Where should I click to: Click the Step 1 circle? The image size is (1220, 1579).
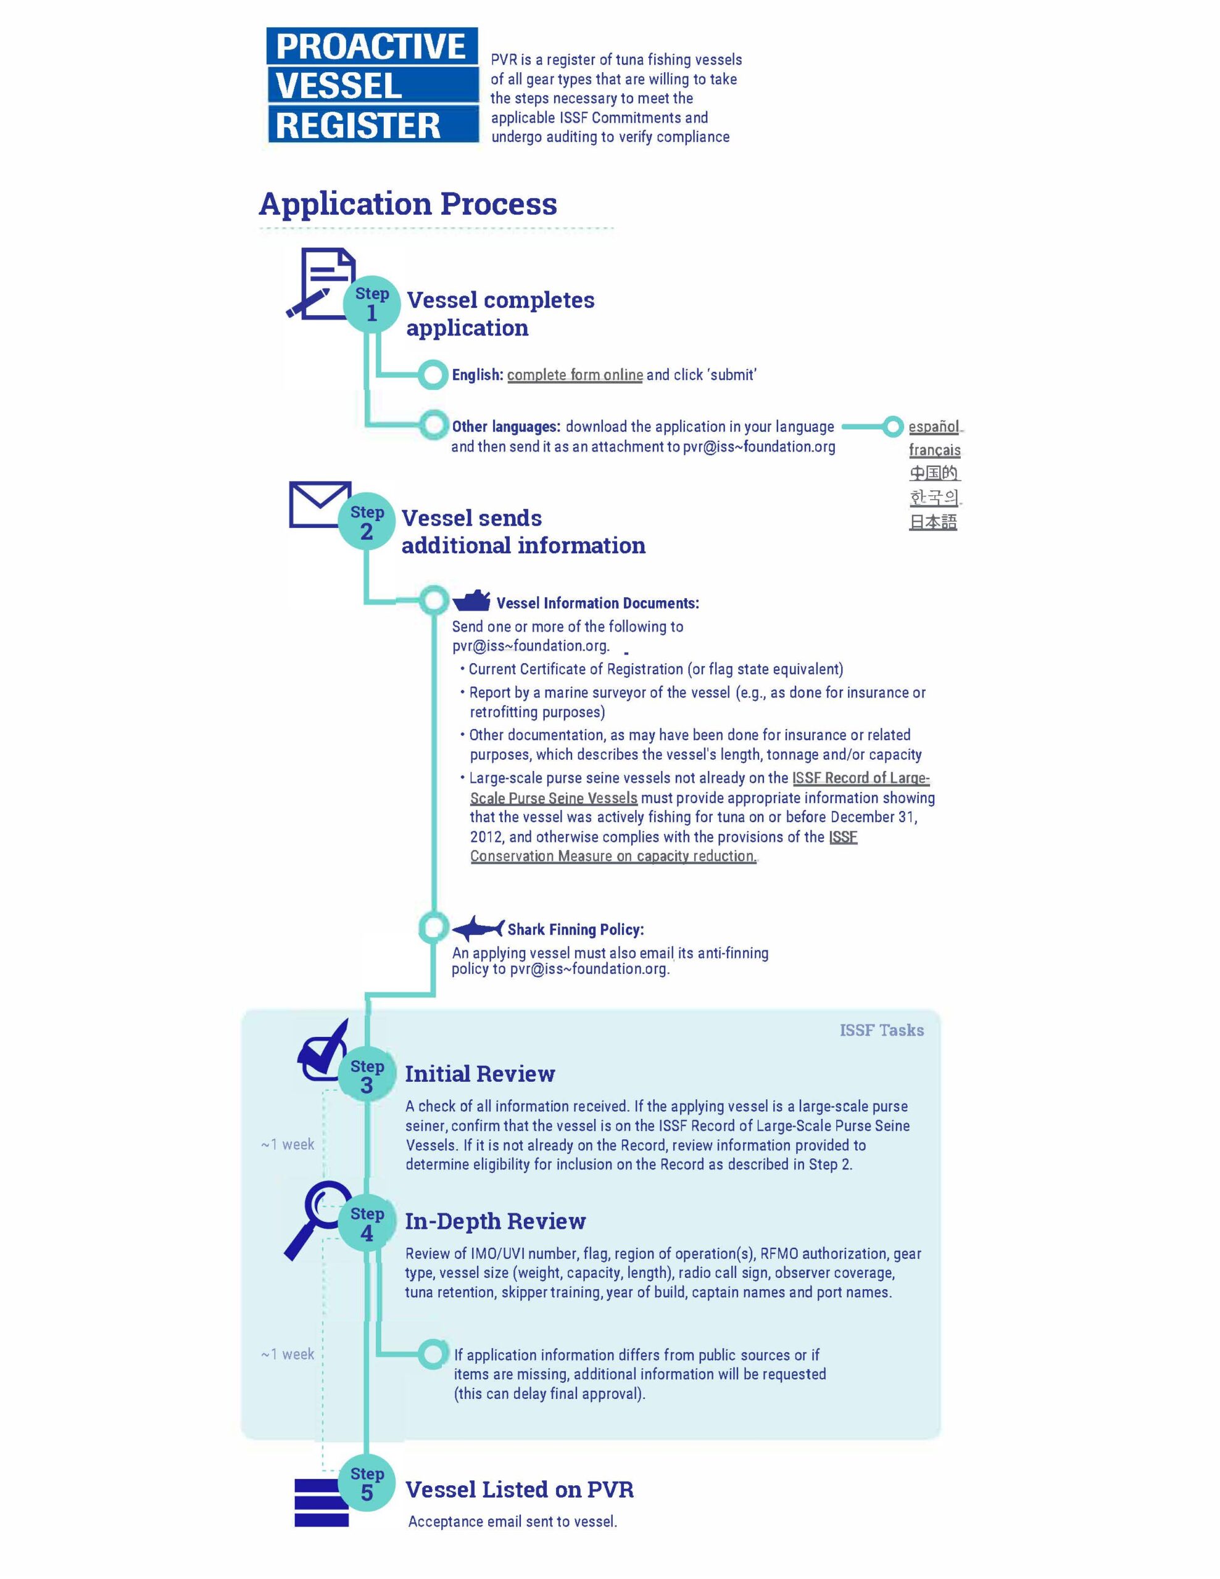pos(371,304)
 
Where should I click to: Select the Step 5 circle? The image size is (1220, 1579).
pos(367,1483)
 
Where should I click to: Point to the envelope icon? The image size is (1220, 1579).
pos(320,504)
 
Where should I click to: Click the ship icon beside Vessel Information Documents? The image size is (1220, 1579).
pos(471,601)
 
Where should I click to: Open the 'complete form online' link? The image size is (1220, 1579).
pos(575,374)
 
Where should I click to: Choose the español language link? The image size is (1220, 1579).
pos(934,427)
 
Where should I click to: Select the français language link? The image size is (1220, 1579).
pos(934,450)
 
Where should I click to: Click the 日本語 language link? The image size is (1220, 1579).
pos(933,521)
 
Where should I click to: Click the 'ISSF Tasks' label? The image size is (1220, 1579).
pos(882,1029)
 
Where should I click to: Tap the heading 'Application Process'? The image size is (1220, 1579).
pos(408,204)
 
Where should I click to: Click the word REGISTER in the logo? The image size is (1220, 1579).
pos(358,125)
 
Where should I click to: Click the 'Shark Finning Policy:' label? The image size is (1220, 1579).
pos(576,929)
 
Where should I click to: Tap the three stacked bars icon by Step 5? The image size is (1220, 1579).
pos(322,1503)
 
